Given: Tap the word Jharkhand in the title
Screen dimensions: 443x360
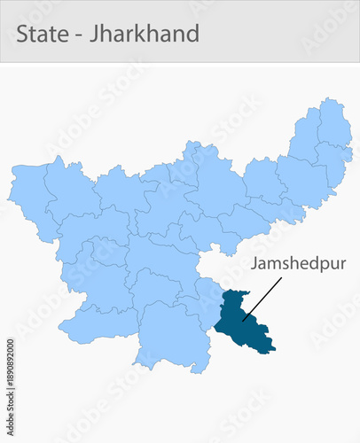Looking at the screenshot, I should click(x=145, y=34).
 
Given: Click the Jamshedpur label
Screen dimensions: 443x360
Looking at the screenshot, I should click(x=297, y=264).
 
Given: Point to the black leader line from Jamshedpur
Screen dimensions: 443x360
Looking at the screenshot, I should click(x=262, y=297).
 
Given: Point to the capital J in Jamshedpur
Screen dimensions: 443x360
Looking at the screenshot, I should click(x=254, y=264).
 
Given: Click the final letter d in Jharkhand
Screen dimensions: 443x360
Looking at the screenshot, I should click(x=192, y=34).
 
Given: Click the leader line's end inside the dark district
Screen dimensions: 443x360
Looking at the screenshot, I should click(x=242, y=317).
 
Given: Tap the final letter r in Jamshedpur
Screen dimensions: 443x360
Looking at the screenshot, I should click(x=341, y=264).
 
